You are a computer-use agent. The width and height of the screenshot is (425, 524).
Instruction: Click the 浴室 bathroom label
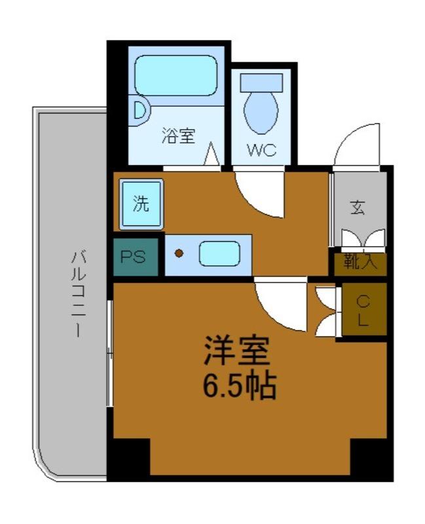[178, 136]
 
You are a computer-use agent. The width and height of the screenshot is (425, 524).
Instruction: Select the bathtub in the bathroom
[176, 75]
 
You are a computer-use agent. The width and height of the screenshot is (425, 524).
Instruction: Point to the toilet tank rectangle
[261, 83]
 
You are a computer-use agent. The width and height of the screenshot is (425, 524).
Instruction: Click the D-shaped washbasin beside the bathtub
[139, 110]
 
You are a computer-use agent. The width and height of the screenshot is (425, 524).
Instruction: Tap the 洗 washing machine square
[141, 204]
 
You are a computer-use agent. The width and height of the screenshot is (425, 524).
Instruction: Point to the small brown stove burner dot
[179, 253]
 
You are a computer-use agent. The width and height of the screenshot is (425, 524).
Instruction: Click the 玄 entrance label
[358, 208]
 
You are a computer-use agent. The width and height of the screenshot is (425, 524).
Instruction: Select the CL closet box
[361, 310]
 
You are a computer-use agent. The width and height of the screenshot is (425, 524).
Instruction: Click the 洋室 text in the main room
[236, 352]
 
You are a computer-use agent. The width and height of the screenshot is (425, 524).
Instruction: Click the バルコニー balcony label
[77, 293]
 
